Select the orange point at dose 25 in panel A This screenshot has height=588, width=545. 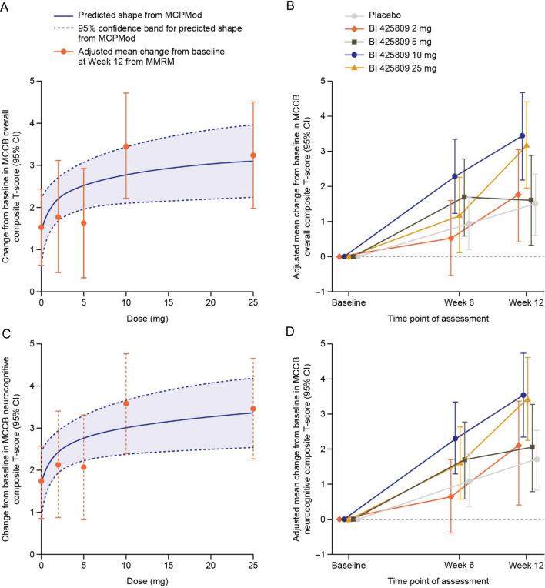tap(253, 155)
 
